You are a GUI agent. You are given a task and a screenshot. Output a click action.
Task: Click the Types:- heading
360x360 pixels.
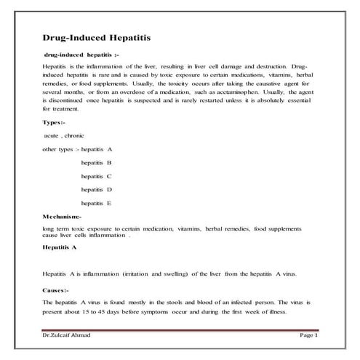pos(54,121)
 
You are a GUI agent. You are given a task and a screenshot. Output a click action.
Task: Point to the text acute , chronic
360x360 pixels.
pos(64,135)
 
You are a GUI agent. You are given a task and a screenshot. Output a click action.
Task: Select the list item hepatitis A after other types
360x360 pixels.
pos(97,148)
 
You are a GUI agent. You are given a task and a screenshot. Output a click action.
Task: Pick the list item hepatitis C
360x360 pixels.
pos(97,176)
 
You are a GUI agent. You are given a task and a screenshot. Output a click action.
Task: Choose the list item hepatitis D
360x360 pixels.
pos(97,190)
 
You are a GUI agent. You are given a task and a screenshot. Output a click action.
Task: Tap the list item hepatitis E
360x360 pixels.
pos(97,203)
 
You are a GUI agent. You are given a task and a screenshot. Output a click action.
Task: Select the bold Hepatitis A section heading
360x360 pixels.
pos(60,247)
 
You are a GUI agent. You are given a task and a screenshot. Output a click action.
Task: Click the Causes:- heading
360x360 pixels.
pos(55,290)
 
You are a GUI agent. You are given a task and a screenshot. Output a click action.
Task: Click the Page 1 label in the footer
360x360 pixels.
pos(308,335)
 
